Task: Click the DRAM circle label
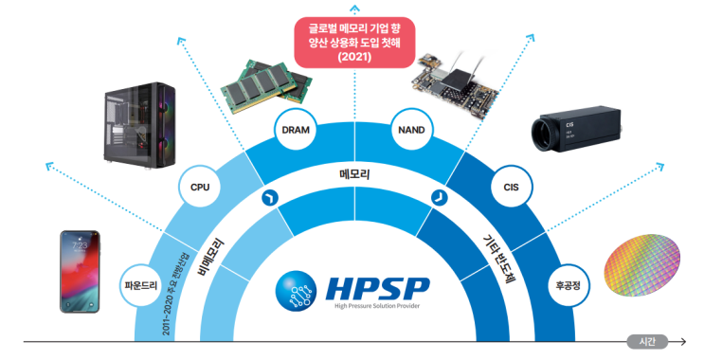click(x=294, y=129)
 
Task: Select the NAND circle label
click(x=410, y=129)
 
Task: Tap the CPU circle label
click(x=200, y=187)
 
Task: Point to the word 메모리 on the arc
click(x=354, y=175)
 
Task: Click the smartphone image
click(x=80, y=271)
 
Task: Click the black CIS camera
click(x=572, y=127)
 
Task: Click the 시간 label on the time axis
click(x=648, y=340)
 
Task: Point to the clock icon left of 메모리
click(x=268, y=197)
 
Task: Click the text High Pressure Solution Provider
click(x=377, y=306)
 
